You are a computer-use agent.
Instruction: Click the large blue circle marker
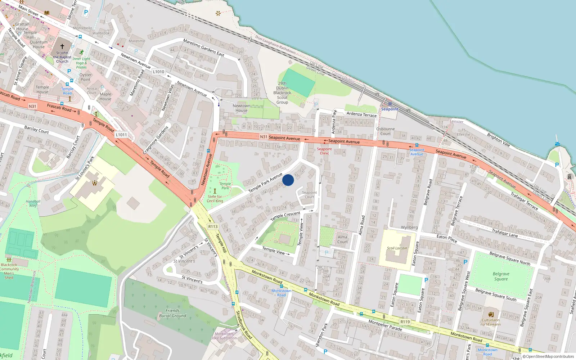(x=288, y=180)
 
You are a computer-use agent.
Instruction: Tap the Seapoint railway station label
(x=390, y=109)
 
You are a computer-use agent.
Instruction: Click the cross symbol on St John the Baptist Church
(x=62, y=46)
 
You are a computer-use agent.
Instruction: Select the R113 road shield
(x=213, y=226)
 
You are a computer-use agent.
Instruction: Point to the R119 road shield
(x=405, y=322)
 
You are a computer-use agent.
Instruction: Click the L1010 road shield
(x=158, y=72)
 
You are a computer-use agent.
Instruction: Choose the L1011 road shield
(x=121, y=135)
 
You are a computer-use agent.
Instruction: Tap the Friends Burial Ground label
(x=172, y=313)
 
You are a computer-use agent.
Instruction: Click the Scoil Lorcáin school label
(x=397, y=248)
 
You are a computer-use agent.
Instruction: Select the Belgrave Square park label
(x=501, y=276)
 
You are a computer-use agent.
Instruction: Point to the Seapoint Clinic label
(x=324, y=151)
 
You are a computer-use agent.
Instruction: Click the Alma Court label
(x=342, y=239)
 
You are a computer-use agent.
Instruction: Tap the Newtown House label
(x=241, y=108)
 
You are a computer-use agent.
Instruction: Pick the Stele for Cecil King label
(x=215, y=199)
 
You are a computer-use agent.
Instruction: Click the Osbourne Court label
(x=385, y=131)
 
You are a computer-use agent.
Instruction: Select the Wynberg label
(x=409, y=227)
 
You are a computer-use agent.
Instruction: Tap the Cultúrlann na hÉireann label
(x=491, y=322)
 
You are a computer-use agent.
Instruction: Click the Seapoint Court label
(x=309, y=194)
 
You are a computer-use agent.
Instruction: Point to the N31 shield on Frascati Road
(x=32, y=106)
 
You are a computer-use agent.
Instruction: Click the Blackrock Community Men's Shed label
(x=9, y=271)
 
